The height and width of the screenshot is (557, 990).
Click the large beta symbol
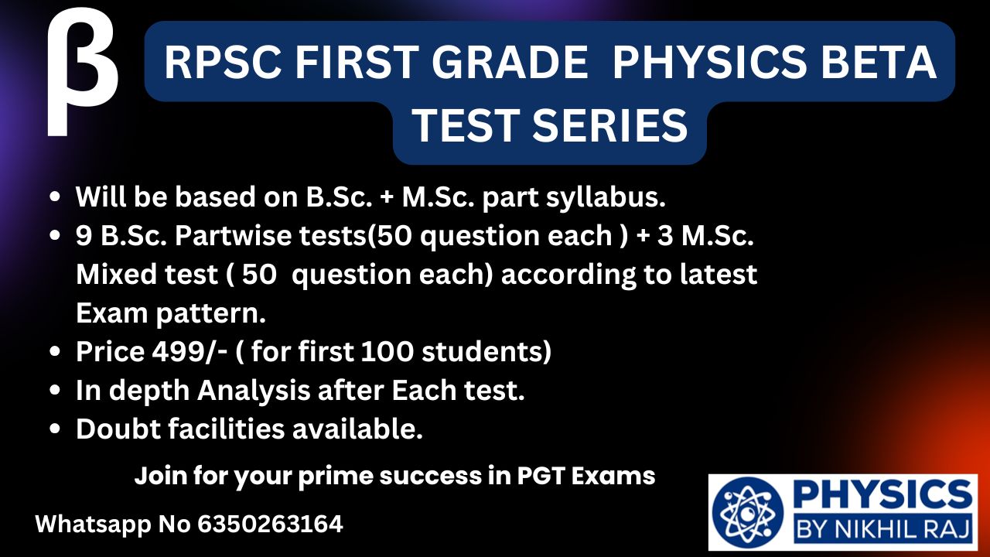[82, 73]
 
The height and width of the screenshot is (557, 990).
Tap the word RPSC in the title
[224, 63]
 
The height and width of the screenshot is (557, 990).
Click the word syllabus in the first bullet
[606, 197]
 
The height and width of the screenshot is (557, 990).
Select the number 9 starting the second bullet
[84, 236]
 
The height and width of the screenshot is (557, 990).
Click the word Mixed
[117, 274]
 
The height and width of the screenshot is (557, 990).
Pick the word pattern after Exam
[211, 314]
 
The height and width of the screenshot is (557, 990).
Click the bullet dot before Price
[55, 352]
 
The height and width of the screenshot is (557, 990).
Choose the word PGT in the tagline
[541, 476]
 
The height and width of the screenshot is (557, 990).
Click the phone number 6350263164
[270, 525]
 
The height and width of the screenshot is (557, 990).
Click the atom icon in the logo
[747, 513]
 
